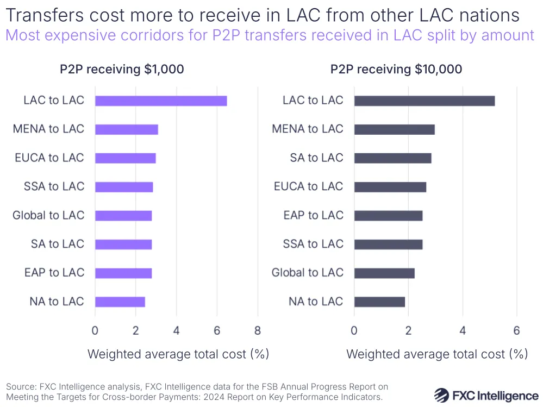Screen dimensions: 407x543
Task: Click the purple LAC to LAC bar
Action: (x=161, y=101)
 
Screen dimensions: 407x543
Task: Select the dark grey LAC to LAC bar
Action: (x=424, y=101)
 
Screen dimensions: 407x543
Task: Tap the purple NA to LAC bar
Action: (x=120, y=302)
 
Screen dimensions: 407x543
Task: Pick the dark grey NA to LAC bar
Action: (x=379, y=302)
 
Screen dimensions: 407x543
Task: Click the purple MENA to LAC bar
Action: (x=126, y=129)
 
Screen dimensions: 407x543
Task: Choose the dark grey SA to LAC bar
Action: (x=392, y=158)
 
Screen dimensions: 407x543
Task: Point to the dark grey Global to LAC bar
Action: (x=384, y=273)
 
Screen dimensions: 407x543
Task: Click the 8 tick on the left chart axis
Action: (x=257, y=330)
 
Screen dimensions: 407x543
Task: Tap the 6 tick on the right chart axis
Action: (x=516, y=330)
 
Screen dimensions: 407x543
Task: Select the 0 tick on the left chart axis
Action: (x=95, y=330)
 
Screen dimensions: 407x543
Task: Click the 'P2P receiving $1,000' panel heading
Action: (x=122, y=70)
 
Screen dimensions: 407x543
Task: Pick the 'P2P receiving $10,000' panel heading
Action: (x=396, y=70)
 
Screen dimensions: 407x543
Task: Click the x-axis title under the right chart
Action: (x=437, y=354)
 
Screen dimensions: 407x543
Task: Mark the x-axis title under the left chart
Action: (x=178, y=354)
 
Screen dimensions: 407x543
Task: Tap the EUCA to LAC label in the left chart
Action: (x=49, y=158)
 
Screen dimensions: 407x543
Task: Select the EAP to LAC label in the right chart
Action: (x=314, y=215)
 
